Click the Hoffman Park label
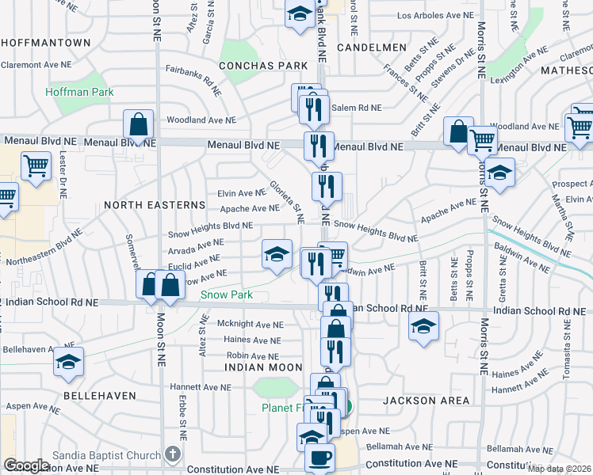point(79,93)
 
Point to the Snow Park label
point(226,294)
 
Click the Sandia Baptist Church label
point(107,455)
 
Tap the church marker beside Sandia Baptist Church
point(173,455)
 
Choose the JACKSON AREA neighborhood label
point(426,401)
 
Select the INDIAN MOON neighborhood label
point(263,367)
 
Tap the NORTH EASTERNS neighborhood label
point(155,205)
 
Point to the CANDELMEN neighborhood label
point(371,47)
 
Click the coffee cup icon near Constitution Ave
point(321,458)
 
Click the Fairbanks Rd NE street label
point(193,80)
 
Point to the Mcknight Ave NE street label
point(250,325)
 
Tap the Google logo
point(25,465)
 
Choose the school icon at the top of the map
point(300,13)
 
